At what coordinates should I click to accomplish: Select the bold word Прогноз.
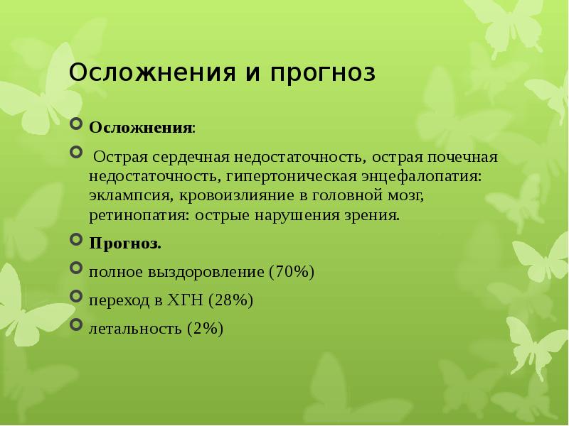(125, 244)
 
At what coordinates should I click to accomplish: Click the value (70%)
(292, 272)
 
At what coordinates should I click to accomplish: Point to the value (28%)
(231, 300)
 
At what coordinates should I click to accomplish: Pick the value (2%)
(206, 328)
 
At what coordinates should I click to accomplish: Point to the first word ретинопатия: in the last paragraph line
(137, 214)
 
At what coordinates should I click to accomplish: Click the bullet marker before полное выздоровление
(78, 269)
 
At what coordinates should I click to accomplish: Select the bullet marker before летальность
(78, 325)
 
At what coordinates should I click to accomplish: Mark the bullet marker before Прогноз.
(78, 241)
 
